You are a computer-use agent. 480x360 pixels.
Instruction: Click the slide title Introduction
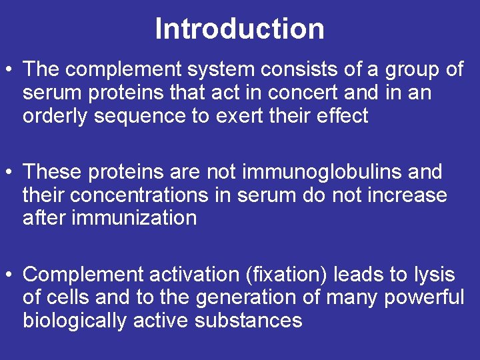[x=239, y=29]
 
